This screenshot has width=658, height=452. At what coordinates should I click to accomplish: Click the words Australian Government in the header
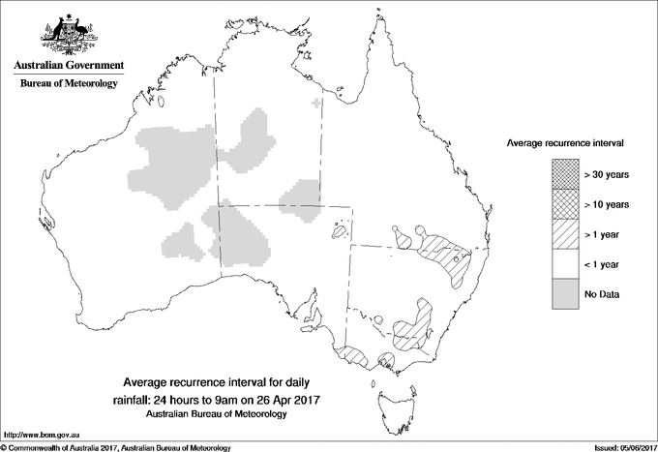68,66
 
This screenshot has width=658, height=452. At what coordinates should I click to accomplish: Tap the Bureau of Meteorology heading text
68,83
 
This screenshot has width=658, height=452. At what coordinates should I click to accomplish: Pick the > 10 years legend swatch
565,203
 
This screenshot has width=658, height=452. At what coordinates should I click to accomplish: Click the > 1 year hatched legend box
565,233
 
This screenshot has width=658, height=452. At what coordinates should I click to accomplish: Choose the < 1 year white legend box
565,263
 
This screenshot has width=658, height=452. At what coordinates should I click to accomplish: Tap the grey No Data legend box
565,293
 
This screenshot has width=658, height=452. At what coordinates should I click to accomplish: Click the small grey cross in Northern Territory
315,103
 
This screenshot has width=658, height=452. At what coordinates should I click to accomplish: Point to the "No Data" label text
601,293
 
